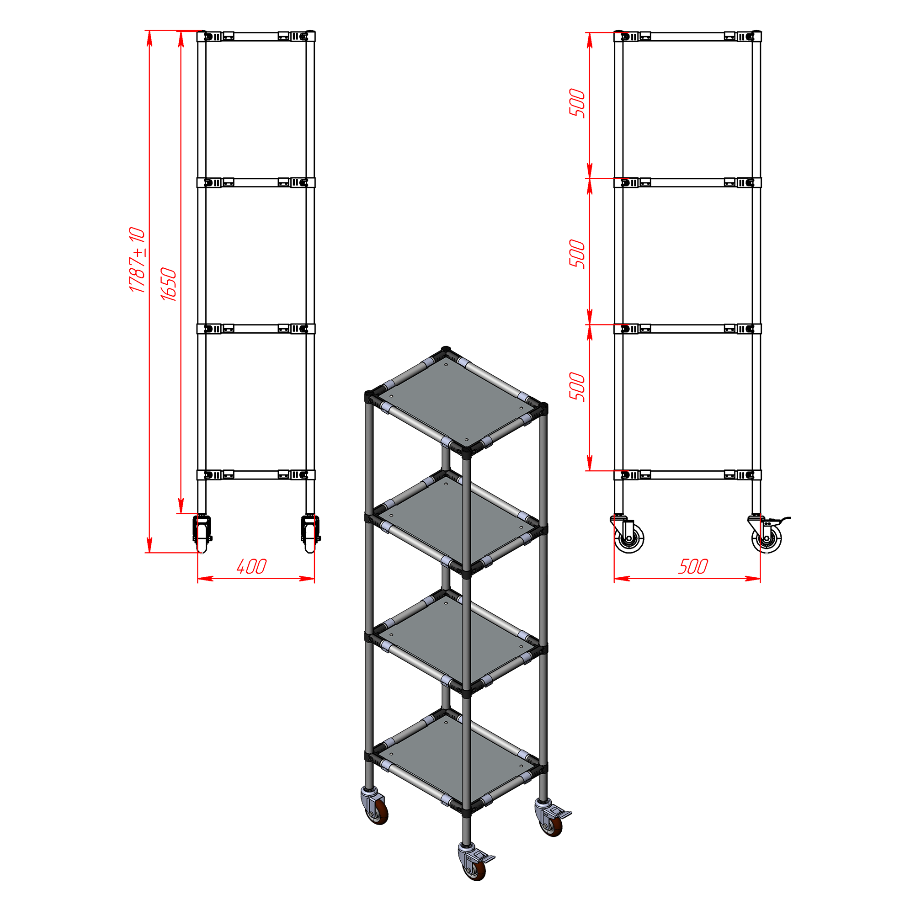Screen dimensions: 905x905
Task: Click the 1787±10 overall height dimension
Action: pyautogui.click(x=137, y=260)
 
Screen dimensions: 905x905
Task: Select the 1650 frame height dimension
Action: pyautogui.click(x=169, y=284)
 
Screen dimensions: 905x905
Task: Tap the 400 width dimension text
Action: pyautogui.click(x=251, y=567)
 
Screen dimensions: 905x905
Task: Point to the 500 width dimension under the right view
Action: pyautogui.click(x=693, y=567)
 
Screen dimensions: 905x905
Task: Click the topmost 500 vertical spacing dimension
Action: pyautogui.click(x=578, y=103)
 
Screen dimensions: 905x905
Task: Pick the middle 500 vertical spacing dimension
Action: pyautogui.click(x=578, y=254)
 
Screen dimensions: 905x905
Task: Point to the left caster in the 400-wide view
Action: pyautogui.click(x=202, y=534)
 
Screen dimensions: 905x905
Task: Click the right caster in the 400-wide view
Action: pyautogui.click(x=310, y=534)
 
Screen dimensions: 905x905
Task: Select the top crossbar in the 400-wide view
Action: pyautogui.click(x=256, y=37)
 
